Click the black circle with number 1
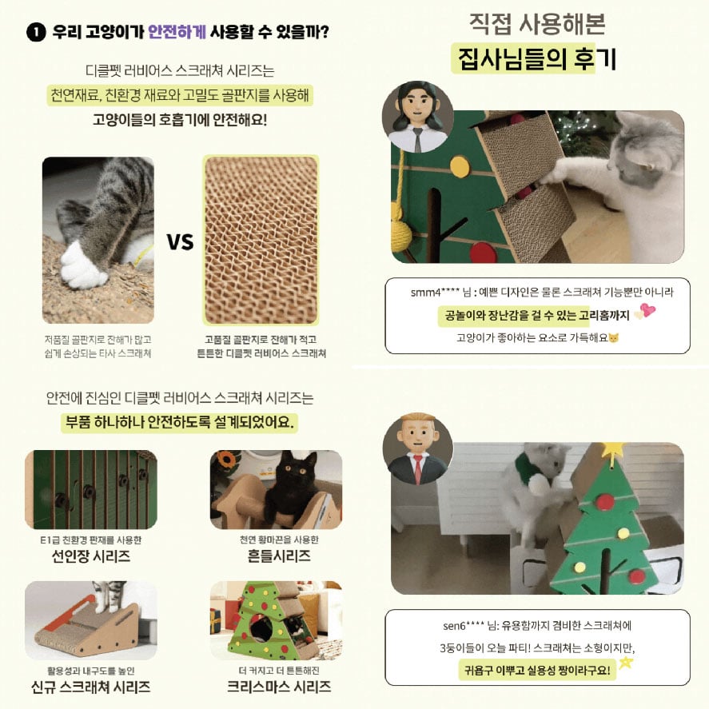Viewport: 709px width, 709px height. (36, 33)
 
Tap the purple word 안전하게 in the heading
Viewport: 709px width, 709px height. (177, 32)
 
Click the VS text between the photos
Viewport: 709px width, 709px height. (180, 242)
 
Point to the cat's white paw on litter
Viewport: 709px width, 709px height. (83, 267)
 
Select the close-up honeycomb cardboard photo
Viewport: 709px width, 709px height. (261, 240)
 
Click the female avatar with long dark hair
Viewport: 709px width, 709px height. (417, 117)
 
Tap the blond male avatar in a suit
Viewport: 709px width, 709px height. (417, 448)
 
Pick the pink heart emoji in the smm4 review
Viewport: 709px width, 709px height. (647, 311)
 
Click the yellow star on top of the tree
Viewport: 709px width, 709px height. (613, 449)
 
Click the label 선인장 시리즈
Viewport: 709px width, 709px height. (91, 556)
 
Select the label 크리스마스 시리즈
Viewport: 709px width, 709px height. (278, 687)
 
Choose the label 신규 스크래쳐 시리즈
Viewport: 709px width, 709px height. (91, 687)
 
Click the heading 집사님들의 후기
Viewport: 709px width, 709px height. (536, 59)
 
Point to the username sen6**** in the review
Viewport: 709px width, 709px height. (464, 626)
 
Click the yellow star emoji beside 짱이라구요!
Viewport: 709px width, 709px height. (626, 663)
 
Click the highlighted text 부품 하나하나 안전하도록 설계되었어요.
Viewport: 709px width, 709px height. (180, 422)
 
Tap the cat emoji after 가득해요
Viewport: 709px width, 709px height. (614, 338)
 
